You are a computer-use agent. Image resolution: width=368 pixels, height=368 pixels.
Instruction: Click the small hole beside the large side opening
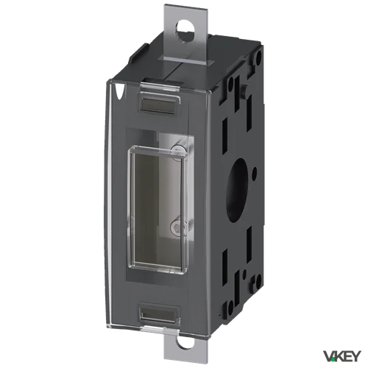[x=255, y=170]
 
